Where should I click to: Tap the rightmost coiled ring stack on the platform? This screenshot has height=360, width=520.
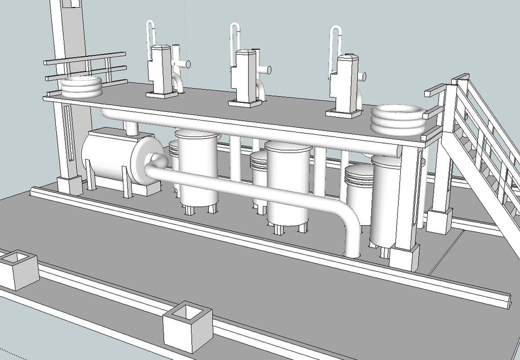click(398, 119)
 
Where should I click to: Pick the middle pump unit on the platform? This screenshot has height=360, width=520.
click(245, 76)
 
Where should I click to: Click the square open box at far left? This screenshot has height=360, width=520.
click(18, 268)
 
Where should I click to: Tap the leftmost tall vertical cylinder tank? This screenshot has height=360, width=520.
click(197, 168)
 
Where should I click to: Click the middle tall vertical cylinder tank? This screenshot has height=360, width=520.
click(287, 184)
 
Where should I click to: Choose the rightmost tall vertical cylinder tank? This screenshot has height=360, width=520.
click(386, 200)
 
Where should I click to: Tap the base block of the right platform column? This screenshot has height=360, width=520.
click(404, 258)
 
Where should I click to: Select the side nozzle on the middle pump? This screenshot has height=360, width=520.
click(265, 70)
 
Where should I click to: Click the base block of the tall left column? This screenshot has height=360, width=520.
click(70, 184)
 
